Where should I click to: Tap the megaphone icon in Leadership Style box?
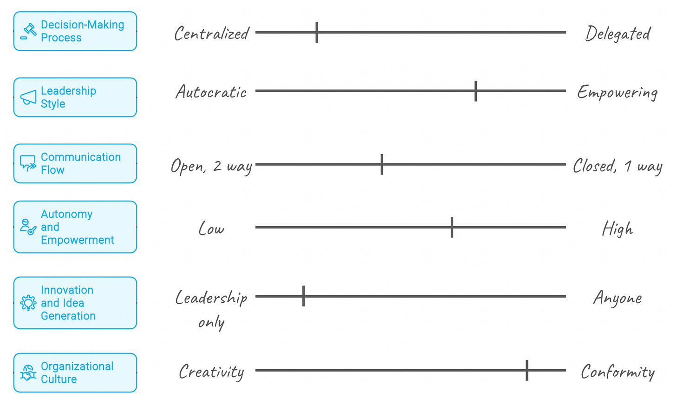coord(28,98)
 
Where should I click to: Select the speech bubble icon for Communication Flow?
coord(28,163)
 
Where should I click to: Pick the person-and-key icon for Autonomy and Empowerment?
coord(28,227)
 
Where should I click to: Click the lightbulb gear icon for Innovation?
coord(28,303)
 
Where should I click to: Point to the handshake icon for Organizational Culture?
coord(28,373)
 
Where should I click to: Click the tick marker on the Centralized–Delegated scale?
coord(317,33)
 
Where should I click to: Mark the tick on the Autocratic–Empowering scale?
coord(476,91)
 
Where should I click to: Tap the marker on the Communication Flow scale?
coord(382,164)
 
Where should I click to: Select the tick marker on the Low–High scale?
coord(452,227)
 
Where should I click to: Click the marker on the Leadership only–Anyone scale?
coord(304,296)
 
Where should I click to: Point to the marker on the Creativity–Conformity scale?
coord(527,370)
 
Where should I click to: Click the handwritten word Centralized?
coord(212,34)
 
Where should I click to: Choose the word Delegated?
coord(618,34)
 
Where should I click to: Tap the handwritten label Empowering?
coord(617,93)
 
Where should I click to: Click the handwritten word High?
coord(617,229)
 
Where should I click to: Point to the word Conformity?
coord(617,372)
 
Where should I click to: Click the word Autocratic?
coord(211,92)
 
